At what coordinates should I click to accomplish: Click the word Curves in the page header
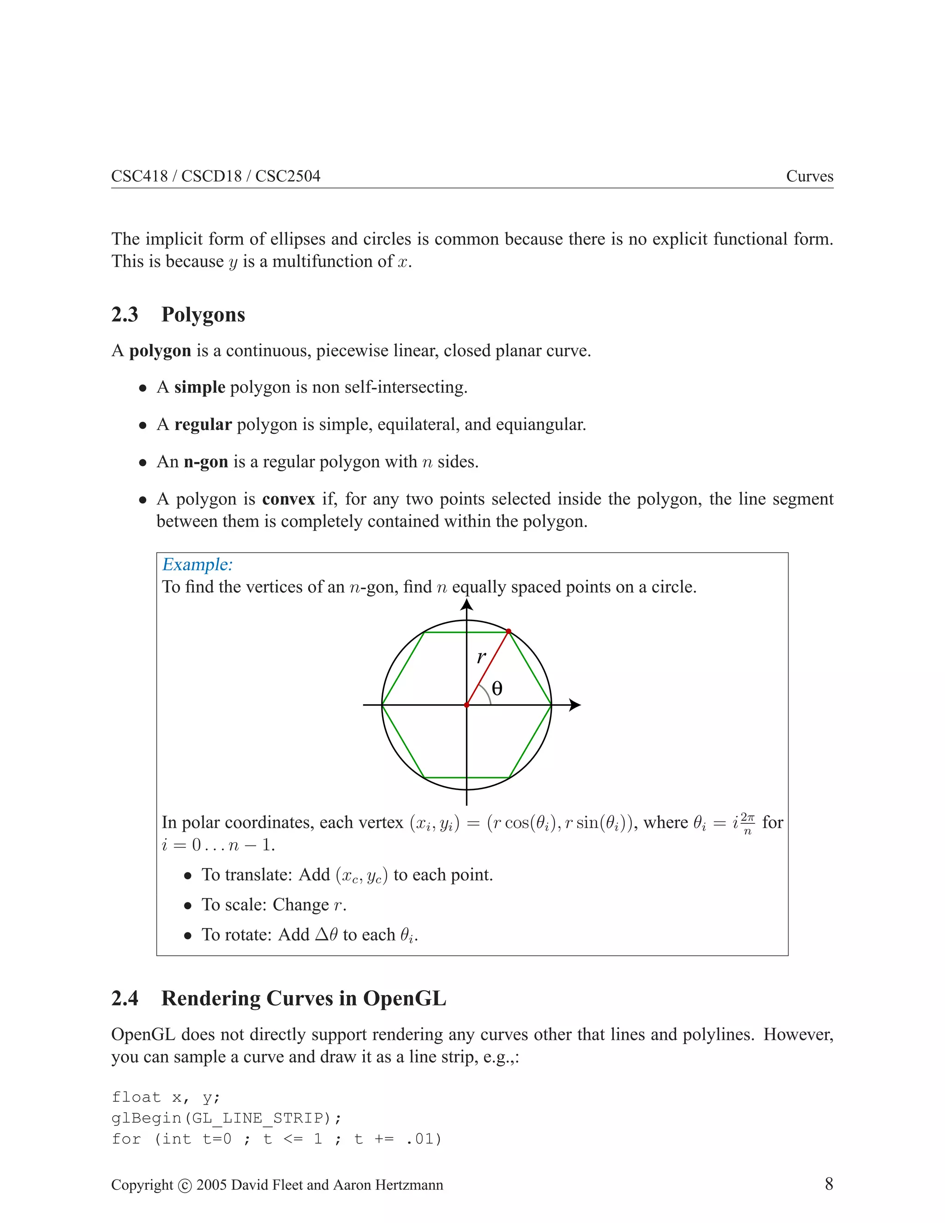809,176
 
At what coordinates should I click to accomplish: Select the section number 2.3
124,315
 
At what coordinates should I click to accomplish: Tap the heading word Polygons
203,315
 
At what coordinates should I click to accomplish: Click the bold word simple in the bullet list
199,387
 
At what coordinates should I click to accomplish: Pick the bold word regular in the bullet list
203,425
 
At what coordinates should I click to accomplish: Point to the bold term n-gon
205,462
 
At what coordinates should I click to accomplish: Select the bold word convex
288,499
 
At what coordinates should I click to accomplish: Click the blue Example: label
197,564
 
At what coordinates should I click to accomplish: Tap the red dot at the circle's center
467,705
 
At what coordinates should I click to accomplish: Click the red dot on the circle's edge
508,632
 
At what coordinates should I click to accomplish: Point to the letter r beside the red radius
481,657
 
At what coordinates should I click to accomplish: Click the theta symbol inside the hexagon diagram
497,688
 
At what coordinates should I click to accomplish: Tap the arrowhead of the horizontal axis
575,705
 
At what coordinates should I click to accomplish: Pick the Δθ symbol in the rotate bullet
326,935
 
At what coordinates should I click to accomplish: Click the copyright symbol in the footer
185,1186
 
